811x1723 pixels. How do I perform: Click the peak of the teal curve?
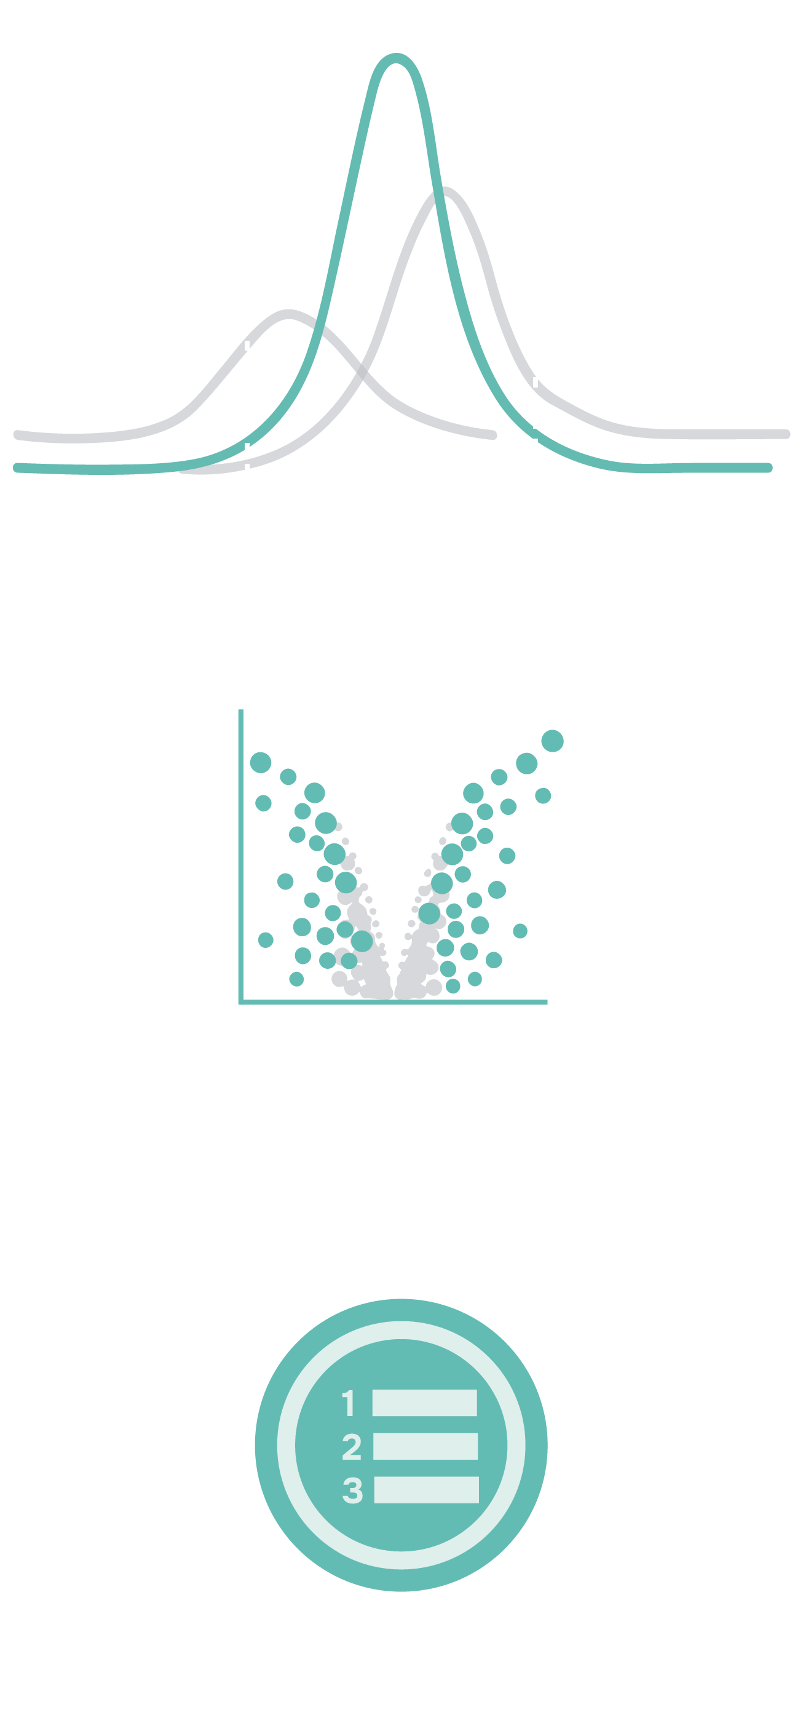coord(397,58)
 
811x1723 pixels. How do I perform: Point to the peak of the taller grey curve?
coord(445,192)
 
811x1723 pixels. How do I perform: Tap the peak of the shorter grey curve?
coord(288,314)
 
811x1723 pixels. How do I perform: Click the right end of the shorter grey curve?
coord(493,436)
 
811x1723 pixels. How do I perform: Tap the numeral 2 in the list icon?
coord(352,1447)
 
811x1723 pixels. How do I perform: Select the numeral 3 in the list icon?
coord(352,1490)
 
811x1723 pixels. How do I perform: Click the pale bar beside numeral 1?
coord(424,1403)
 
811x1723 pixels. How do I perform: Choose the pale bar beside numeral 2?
coord(425,1446)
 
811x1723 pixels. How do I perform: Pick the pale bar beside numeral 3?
coord(426,1490)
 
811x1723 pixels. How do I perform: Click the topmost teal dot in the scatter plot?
coord(552,741)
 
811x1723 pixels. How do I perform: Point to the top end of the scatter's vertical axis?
coord(240,711)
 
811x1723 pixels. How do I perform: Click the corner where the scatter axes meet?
coord(240,1002)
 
